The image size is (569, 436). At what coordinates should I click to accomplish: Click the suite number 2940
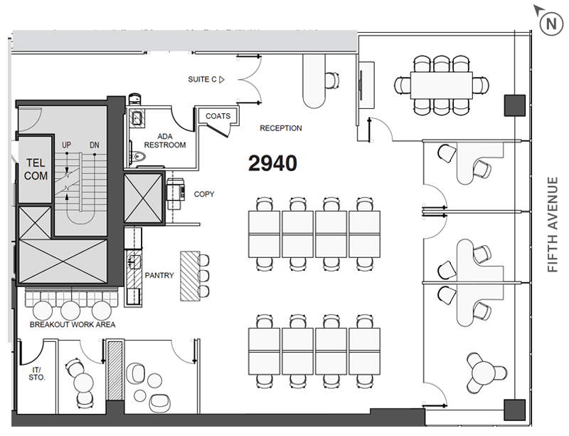pyautogui.click(x=272, y=163)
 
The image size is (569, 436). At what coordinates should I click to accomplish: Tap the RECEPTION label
pyautogui.click(x=280, y=128)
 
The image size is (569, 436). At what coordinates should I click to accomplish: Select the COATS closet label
pyautogui.click(x=218, y=116)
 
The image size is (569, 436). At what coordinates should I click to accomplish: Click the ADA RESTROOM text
pyautogui.click(x=165, y=140)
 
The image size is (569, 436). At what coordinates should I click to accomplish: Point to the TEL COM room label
pyautogui.click(x=36, y=170)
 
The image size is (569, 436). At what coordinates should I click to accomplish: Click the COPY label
pyautogui.click(x=204, y=194)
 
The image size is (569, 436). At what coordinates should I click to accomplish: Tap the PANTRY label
pyautogui.click(x=159, y=276)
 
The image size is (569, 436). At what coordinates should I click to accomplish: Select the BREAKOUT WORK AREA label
pyautogui.click(x=73, y=324)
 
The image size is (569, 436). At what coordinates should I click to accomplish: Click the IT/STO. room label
pyautogui.click(x=37, y=374)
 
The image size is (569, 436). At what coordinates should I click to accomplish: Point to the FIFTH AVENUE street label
pyautogui.click(x=553, y=224)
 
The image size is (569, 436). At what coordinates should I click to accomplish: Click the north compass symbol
pyautogui.click(x=551, y=24)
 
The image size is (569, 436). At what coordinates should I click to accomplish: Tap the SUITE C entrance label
pyautogui.click(x=206, y=79)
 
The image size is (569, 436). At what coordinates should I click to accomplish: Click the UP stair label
pyautogui.click(x=66, y=145)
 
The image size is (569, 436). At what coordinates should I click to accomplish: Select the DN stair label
pyautogui.click(x=95, y=145)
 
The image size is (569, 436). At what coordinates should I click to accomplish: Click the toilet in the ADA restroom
pyautogui.click(x=138, y=157)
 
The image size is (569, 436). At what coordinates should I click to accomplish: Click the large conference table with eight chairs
pyautogui.click(x=441, y=85)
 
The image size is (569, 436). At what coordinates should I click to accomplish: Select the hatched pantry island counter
pyautogui.click(x=190, y=276)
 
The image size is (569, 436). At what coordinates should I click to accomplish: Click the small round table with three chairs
pyautogui.click(x=484, y=373)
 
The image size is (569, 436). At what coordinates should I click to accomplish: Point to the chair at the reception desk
pyautogui.click(x=332, y=81)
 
